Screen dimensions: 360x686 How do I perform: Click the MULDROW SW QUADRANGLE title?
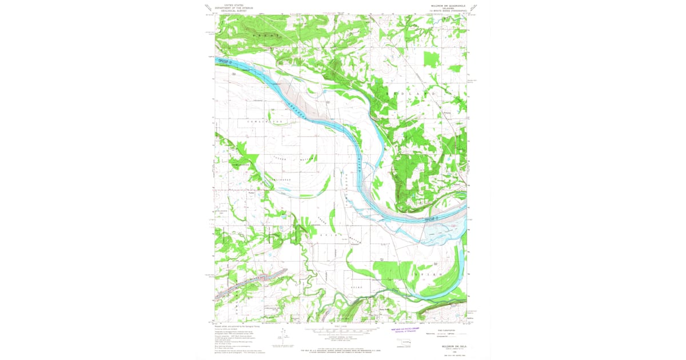coord(446,5)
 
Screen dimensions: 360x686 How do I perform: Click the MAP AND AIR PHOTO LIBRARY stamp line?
coord(406,329)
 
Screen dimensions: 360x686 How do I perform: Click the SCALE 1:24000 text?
coord(340,326)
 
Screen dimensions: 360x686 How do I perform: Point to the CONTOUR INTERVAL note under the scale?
coord(340,335)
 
